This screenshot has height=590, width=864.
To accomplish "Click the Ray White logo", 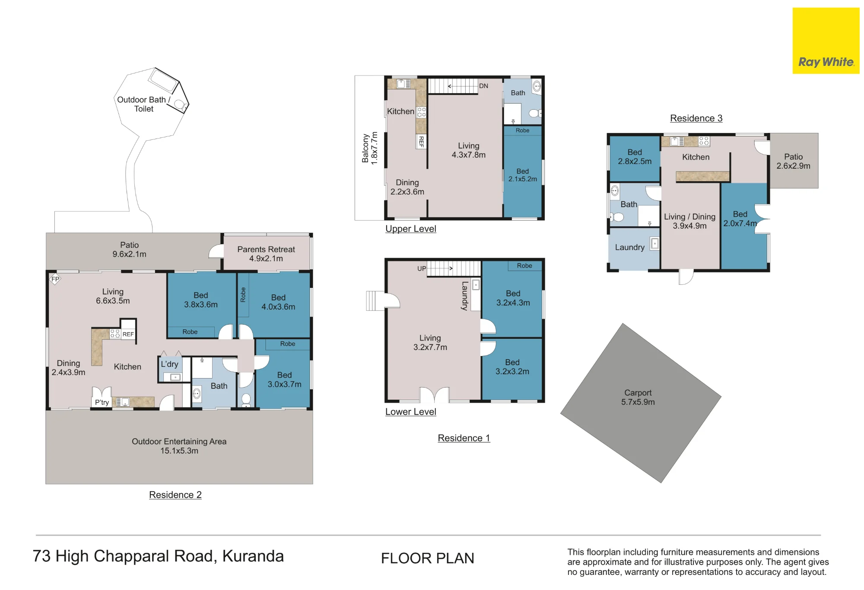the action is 826,41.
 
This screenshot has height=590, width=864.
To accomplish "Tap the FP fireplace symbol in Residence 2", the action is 55,279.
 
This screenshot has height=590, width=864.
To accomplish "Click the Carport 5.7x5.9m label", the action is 638,397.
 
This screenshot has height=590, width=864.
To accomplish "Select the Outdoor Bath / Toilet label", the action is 144,104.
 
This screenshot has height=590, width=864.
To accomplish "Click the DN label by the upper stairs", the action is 483,86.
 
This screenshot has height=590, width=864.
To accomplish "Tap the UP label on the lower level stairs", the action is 422,268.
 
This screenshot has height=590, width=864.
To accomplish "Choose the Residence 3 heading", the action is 696,118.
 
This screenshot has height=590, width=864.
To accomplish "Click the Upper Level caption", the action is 410,229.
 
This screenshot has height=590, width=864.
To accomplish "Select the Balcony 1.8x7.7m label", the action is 370,148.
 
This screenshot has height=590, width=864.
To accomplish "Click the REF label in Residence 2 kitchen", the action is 128,334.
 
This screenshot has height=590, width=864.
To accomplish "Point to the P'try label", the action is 102,402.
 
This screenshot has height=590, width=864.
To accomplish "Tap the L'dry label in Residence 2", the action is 169,364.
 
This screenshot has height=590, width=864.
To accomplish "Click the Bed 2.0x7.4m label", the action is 740,219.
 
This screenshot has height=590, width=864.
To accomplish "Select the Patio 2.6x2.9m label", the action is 793,161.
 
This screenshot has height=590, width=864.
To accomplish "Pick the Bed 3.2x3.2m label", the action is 512,367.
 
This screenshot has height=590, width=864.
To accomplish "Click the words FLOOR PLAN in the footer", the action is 427,558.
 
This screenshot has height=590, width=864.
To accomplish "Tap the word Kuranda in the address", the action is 253,556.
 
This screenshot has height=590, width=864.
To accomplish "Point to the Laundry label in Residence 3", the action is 629,247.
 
